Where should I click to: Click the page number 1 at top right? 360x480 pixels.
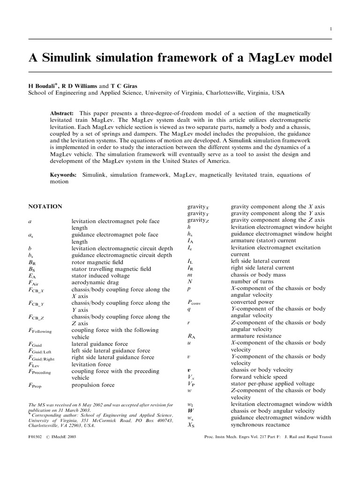coord(330,29)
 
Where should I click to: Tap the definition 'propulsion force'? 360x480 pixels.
coord(93,385)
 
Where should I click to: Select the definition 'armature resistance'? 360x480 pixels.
coord(256,336)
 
